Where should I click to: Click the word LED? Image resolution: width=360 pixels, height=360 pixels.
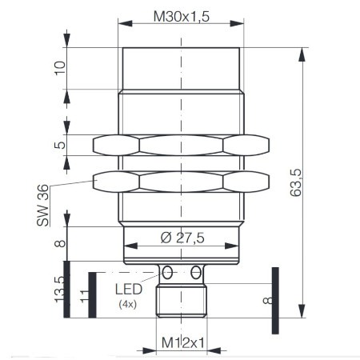130,289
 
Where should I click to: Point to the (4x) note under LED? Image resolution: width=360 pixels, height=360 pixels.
128,304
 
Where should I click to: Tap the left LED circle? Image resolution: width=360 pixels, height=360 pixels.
169,272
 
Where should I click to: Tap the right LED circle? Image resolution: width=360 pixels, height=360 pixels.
196,272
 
